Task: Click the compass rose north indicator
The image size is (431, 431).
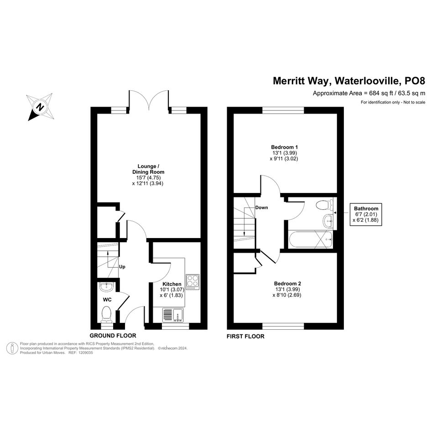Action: point(40,107)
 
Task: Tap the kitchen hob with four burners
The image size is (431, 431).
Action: point(192,281)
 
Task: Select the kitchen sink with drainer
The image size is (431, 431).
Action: point(173,315)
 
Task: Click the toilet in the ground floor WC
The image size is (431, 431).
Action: point(106,315)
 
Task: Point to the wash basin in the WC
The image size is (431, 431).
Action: point(106,287)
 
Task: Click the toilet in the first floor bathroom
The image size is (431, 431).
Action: point(324,205)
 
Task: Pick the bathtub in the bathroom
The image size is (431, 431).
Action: point(311,239)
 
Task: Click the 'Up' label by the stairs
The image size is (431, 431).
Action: point(122,267)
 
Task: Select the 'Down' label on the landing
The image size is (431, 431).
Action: point(261,208)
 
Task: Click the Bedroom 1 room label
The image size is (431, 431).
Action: point(284,147)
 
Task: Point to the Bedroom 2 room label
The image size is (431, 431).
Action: point(287,283)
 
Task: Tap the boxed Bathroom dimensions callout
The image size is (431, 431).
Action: point(366,214)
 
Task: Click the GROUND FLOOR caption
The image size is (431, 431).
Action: point(113,336)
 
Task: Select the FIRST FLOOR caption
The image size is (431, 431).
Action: point(245,336)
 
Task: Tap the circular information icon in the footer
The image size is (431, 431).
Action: point(12,348)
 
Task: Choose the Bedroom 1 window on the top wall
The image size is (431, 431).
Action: point(283,110)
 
